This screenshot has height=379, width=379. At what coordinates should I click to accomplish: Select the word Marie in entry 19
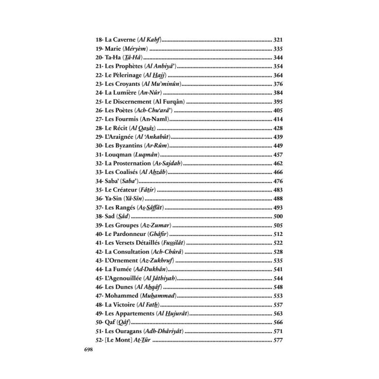point(114,49)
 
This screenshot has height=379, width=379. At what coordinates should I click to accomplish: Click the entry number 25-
point(99,101)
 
